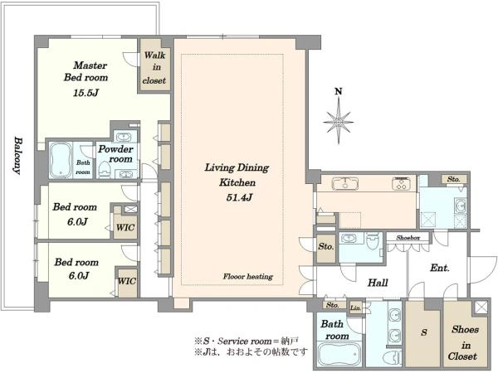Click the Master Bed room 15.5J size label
pyautogui.click(x=86, y=93)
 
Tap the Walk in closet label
pyautogui.click(x=154, y=68)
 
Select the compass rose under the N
pyautogui.click(x=339, y=121)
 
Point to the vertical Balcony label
pyautogui.click(x=18, y=156)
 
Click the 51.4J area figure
pyautogui.click(x=239, y=197)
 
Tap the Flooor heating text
pyautogui.click(x=247, y=277)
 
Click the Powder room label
pyautogui.click(x=115, y=154)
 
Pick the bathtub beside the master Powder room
pyautogui.click(x=61, y=160)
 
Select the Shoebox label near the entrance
pyautogui.click(x=408, y=238)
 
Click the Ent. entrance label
pyautogui.click(x=440, y=268)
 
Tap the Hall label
pyautogui.click(x=378, y=283)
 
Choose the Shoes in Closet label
pyautogui.click(x=464, y=343)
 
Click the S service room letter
pyautogui.click(x=424, y=332)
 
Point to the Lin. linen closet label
pyautogui.click(x=356, y=308)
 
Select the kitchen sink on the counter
pyautogui.click(x=345, y=184)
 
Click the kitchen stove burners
pyautogui.click(x=401, y=183)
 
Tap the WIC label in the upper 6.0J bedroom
pyautogui.click(x=125, y=227)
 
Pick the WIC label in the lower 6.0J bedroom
pyautogui.click(x=127, y=281)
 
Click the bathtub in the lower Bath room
pyautogui.click(x=339, y=355)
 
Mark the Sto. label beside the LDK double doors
pyautogui.click(x=326, y=246)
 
